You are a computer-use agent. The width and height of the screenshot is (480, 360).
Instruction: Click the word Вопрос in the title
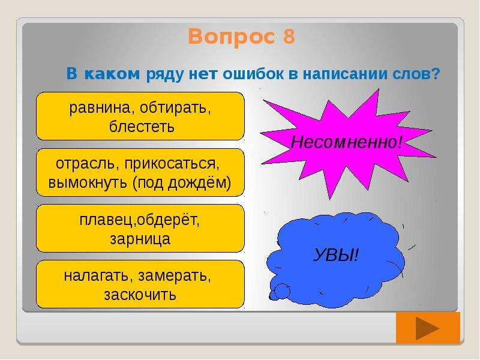[232, 37]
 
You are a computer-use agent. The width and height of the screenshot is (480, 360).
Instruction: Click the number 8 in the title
[289, 37]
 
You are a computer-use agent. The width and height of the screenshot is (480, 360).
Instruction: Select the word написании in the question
[343, 74]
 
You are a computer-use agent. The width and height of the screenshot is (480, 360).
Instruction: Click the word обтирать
[175, 108]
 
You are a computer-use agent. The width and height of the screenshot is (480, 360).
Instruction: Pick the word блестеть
[142, 127]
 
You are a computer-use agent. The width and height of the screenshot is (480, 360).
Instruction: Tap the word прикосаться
[172, 164]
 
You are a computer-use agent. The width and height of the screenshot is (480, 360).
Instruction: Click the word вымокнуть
[88, 183]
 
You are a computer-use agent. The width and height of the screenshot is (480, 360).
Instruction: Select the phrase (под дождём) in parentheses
[182, 183]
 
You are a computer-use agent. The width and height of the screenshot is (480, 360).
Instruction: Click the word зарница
[140, 239]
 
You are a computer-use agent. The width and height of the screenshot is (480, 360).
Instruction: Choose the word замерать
[175, 276]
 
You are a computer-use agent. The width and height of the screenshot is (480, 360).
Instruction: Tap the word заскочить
[140, 295]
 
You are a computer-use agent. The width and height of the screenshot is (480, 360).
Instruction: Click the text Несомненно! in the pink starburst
[346, 142]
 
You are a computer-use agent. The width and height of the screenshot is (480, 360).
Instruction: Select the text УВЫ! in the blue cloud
[336, 255]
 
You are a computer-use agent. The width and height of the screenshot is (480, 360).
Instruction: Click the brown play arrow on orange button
[428, 328]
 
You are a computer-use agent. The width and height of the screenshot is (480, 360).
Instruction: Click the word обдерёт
[167, 220]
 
